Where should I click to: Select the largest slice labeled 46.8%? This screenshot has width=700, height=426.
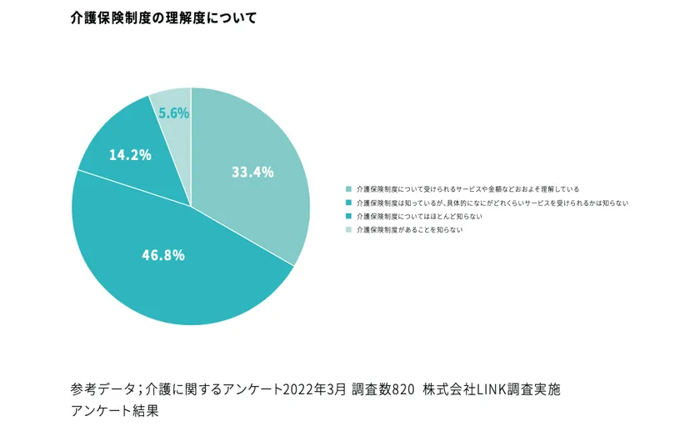click(167, 275)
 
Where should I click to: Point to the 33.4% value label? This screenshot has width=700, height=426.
click(252, 173)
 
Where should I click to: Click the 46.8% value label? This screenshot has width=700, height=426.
click(162, 255)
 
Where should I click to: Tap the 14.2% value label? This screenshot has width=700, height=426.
click(131, 154)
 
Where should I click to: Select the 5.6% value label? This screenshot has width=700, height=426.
click(174, 113)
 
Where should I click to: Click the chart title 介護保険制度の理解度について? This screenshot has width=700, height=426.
click(164, 18)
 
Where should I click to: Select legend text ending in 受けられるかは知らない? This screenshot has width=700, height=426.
click(492, 203)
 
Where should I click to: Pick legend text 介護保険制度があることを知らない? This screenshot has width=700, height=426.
click(409, 229)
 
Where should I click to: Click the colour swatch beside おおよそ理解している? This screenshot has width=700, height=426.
click(347, 189)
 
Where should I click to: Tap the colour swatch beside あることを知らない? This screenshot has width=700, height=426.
click(347, 229)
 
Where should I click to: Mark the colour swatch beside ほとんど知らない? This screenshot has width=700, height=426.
click(347, 216)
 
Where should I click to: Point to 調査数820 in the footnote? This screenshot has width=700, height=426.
click(383, 389)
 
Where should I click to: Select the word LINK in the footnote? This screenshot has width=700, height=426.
click(488, 389)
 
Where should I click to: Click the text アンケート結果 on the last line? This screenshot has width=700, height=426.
click(114, 410)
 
